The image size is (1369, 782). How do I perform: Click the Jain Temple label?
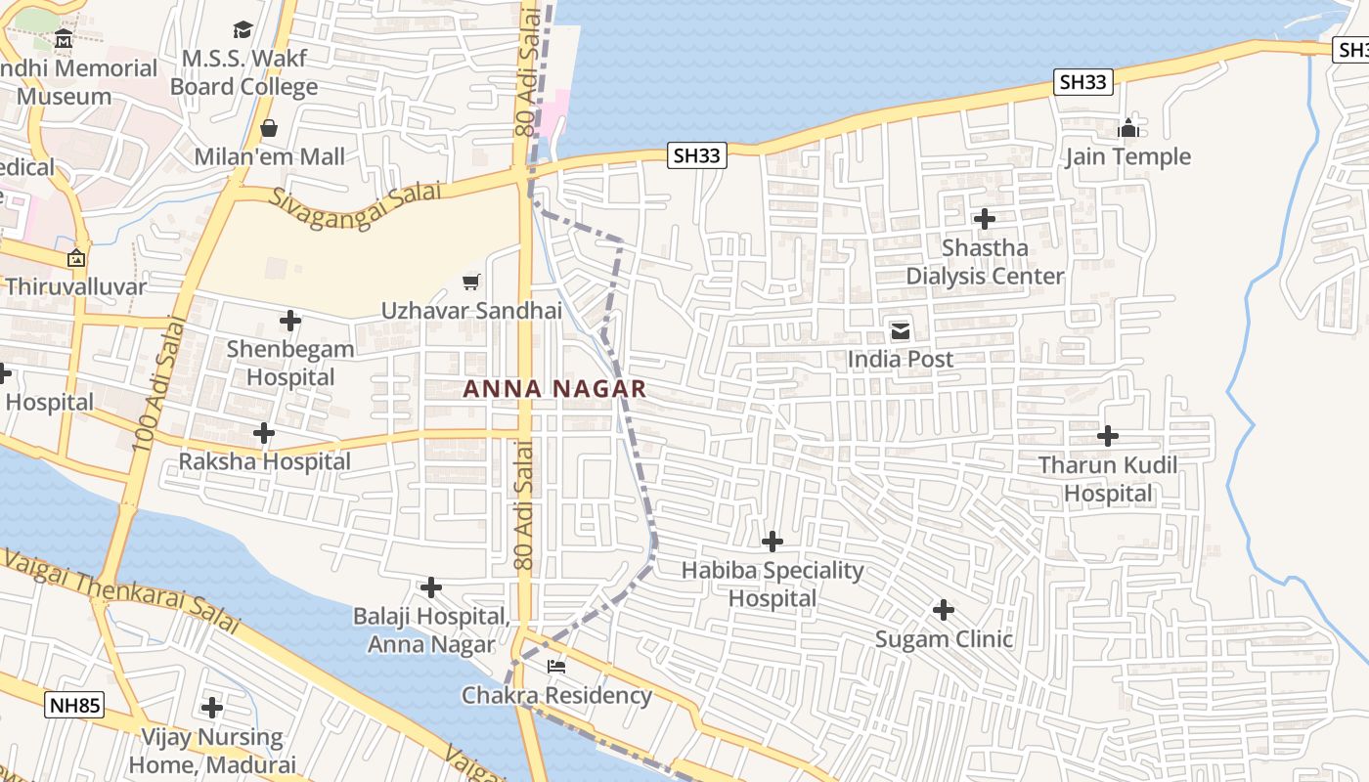tap(1127, 156)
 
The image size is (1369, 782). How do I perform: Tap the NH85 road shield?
tap(73, 705)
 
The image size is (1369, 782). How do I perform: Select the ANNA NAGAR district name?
tap(554, 389)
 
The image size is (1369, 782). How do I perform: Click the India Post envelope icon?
tap(901, 331)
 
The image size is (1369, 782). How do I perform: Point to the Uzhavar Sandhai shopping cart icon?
tap(471, 282)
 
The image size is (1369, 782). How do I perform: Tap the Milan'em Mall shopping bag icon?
tap(269, 128)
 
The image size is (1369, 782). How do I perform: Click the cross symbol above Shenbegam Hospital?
tap(290, 321)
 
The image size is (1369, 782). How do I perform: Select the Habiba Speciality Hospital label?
tap(773, 584)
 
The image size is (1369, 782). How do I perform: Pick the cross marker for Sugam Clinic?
tap(944, 611)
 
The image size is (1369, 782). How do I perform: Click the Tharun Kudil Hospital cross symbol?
tap(1108, 436)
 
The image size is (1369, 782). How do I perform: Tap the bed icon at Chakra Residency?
tap(556, 667)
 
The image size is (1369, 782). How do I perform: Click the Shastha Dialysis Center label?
tap(985, 262)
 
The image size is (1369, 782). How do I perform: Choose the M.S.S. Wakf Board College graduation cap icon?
tap(243, 30)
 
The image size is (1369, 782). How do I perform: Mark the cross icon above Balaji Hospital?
tap(431, 587)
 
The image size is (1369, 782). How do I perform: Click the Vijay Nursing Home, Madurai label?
tap(212, 751)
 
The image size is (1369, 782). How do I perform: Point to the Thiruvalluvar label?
tap(76, 286)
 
